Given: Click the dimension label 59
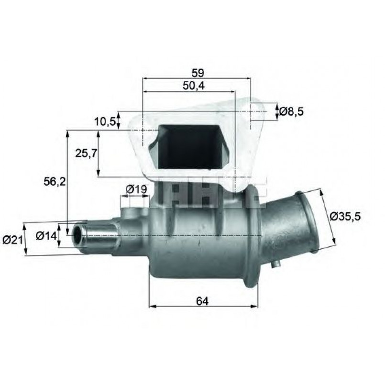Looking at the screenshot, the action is pos(198,73).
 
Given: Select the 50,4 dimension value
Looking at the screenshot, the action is pos(194,86).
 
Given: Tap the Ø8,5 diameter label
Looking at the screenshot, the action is pos(291,111).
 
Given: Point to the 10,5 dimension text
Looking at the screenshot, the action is pos(105,121).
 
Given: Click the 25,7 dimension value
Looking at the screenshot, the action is pos(86,154).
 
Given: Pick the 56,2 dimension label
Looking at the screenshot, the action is pos(55,182).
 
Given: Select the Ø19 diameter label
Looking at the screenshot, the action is pos(136,189).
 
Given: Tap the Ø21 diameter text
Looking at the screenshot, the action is pos(12,240).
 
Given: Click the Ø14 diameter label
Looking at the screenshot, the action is pos(46,236).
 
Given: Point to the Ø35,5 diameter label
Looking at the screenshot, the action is pos(345,216).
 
